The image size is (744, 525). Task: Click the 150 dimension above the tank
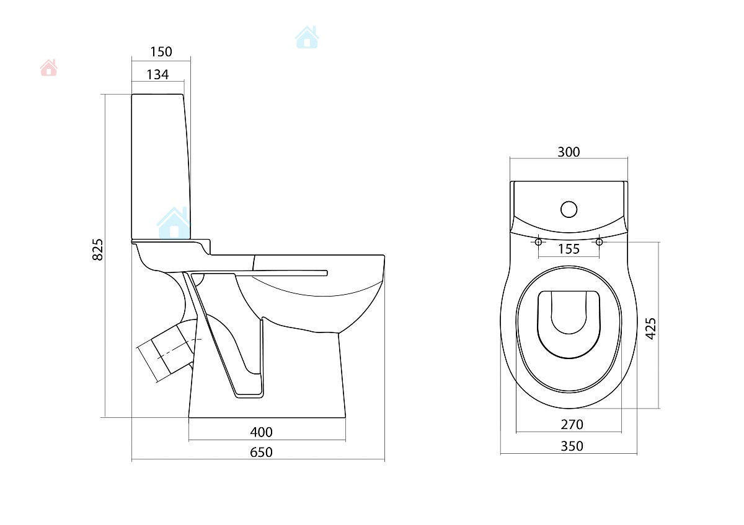(x=161, y=52)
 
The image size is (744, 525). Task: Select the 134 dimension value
(x=157, y=75)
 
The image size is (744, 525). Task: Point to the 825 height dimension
(x=97, y=249)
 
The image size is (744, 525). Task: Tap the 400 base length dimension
(x=262, y=432)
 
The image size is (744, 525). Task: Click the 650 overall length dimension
(x=262, y=452)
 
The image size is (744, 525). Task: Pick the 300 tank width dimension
(x=569, y=152)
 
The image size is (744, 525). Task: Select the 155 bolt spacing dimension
(x=569, y=249)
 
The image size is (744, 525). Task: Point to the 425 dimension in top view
(x=650, y=328)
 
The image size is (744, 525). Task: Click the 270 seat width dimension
(x=572, y=424)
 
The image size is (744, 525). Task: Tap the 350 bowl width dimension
(x=572, y=446)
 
